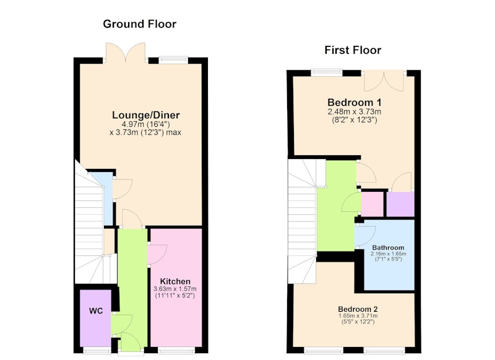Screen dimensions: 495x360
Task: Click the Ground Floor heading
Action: click(x=140, y=24)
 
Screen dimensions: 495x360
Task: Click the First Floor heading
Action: click(x=353, y=50)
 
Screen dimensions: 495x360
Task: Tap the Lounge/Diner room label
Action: click(x=146, y=115)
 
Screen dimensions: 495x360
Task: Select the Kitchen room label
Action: click(x=175, y=281)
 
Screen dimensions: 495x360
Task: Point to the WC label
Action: click(x=96, y=311)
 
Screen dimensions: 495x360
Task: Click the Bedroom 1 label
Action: click(x=354, y=103)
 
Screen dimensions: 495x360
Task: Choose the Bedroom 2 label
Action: click(x=358, y=309)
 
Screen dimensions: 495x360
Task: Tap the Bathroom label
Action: click(x=388, y=247)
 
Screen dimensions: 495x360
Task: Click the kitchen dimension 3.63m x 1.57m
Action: click(x=175, y=289)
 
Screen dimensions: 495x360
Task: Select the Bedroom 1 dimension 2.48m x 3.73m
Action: click(x=354, y=112)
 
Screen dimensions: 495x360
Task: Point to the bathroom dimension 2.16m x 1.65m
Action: click(x=389, y=254)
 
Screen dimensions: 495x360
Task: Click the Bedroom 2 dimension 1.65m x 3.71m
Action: click(x=358, y=316)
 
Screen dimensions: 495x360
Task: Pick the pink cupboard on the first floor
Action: click(x=372, y=204)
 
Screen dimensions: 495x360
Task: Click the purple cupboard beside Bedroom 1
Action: click(x=400, y=204)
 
